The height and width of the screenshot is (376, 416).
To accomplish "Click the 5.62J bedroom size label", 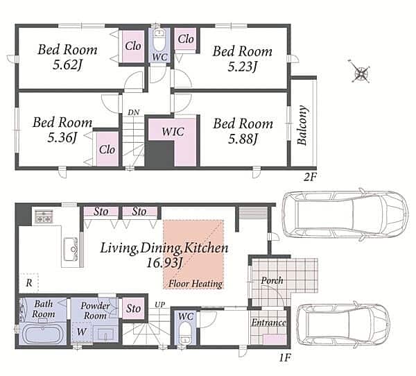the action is [x=67, y=65].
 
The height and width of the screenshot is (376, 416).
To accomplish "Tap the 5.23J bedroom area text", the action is [x=242, y=67].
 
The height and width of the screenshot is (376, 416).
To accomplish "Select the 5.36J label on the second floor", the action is [x=62, y=137].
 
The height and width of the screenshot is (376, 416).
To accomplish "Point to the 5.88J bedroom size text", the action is [x=243, y=139].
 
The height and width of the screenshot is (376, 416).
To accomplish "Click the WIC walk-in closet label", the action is [x=173, y=132].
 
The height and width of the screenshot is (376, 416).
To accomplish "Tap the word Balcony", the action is [x=302, y=126].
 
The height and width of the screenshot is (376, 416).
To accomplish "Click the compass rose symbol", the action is [x=360, y=71].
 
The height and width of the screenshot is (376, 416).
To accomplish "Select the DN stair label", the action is [x=133, y=112].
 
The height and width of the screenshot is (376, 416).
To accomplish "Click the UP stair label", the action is [x=160, y=305].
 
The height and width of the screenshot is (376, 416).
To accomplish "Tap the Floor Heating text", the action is [x=196, y=284].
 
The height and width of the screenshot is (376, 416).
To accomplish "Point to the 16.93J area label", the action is [x=165, y=263].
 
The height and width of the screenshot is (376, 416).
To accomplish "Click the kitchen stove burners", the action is [x=44, y=216].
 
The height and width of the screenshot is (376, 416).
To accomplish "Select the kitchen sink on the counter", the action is [x=71, y=250].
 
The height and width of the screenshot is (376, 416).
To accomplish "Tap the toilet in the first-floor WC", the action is [x=184, y=333].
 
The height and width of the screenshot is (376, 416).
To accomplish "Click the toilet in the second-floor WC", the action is [x=159, y=40].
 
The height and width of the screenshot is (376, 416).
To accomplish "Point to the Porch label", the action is [x=272, y=280].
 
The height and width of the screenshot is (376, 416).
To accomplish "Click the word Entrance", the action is [x=268, y=323].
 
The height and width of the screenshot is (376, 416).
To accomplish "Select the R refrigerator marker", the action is [x=29, y=283].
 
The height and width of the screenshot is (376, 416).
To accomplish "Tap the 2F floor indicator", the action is [x=310, y=177].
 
